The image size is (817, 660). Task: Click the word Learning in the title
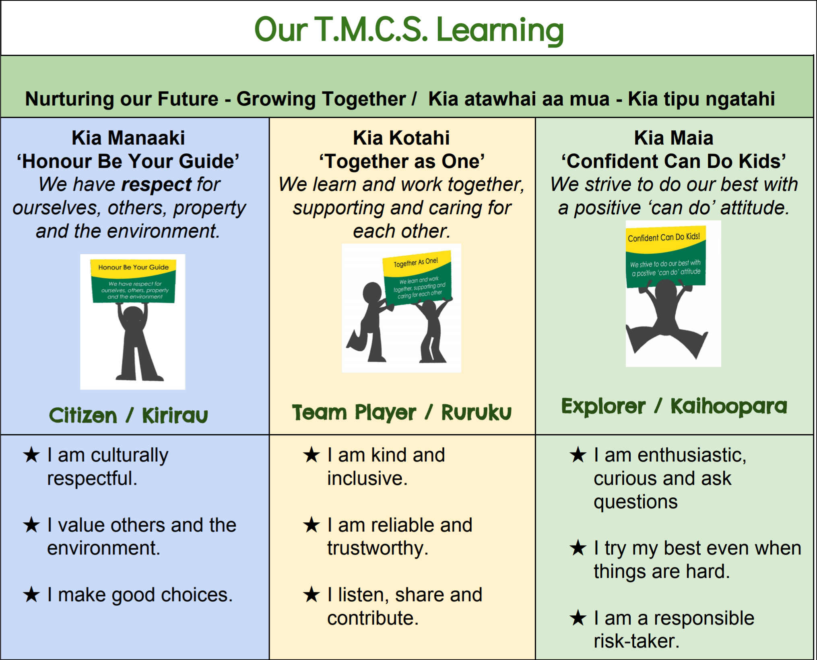coord(500,31)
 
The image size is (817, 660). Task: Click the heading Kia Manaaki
coord(128,138)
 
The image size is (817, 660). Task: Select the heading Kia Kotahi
coord(401,138)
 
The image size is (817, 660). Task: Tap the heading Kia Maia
coord(674,138)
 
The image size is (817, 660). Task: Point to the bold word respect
coord(157,185)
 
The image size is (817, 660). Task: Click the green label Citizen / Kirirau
coord(128,415)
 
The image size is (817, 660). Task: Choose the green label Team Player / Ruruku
coord(402,412)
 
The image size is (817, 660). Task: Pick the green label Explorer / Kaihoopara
coord(674,406)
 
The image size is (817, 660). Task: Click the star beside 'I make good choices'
coord(31,594)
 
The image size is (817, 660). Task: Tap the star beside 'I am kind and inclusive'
coord(312,455)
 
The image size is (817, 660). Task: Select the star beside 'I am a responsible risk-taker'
coord(578,618)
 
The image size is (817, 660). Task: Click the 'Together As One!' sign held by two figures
coord(417,278)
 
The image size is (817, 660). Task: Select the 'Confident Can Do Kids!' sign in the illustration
coord(666,256)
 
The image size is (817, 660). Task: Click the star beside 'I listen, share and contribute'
coord(312,594)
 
